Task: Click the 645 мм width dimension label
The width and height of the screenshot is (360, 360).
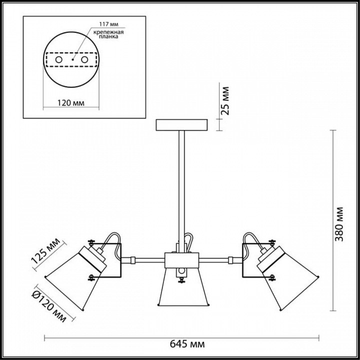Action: click(x=187, y=344)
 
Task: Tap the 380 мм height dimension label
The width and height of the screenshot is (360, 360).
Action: click(x=339, y=224)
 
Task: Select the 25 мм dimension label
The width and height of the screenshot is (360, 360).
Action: click(x=225, y=100)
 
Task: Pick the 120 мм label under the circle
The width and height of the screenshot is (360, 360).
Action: click(x=70, y=103)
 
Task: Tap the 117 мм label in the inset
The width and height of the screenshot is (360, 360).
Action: click(x=109, y=24)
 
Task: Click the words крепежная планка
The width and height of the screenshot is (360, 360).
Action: click(x=108, y=34)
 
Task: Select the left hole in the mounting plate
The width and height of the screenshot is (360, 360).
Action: click(x=59, y=59)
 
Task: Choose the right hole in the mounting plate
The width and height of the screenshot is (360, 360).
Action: click(x=84, y=59)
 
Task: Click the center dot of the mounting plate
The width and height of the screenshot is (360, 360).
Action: click(x=72, y=59)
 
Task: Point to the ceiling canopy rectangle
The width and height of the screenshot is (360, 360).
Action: click(x=181, y=125)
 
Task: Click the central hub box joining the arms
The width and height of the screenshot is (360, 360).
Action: click(x=182, y=260)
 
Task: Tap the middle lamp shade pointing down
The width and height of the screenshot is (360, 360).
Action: click(x=183, y=287)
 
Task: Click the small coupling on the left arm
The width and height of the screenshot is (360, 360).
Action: click(x=133, y=260)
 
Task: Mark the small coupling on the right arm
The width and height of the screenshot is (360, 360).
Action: click(x=230, y=260)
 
